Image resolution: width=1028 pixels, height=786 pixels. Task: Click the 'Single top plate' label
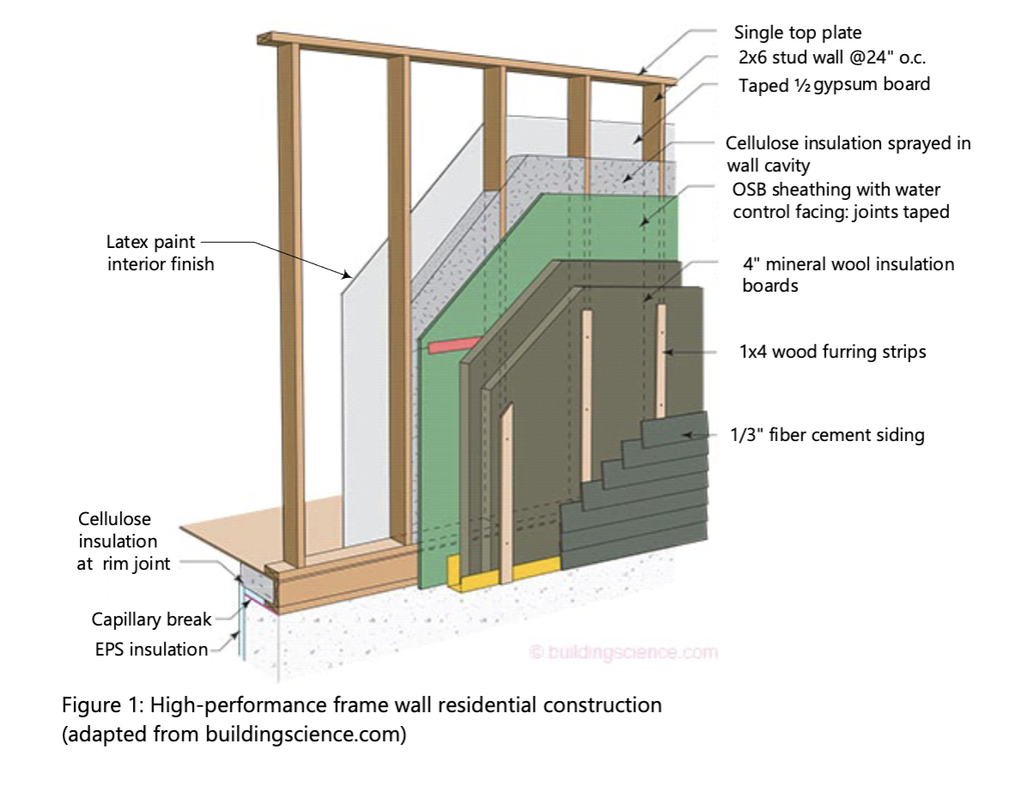pos(797,33)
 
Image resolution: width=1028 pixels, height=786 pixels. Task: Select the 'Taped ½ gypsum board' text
pos(834,85)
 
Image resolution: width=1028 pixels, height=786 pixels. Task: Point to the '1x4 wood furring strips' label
pos(832,352)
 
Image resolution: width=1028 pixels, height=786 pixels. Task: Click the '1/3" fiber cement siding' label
pos(832,435)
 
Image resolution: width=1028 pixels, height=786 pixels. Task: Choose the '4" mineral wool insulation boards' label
pos(847,275)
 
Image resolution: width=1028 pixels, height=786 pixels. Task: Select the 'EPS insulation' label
pos(151,650)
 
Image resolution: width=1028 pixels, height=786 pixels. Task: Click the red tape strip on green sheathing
pos(452,346)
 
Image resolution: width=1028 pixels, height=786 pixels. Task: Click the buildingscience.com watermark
pos(624,653)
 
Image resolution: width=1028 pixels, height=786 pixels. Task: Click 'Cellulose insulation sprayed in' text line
pos(848,143)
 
